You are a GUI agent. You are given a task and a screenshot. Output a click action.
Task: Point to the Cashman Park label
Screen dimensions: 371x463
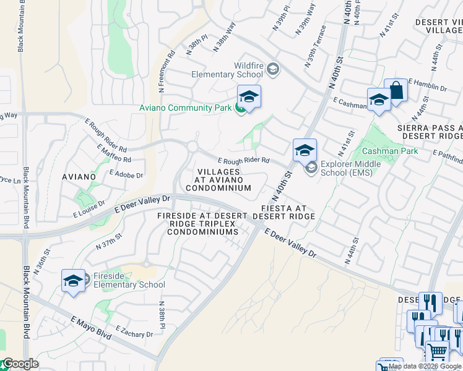click(x=390, y=151)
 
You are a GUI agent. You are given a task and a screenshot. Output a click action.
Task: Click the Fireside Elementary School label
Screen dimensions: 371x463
click(x=129, y=281)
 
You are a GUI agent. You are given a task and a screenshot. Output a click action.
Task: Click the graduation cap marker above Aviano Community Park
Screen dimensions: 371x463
click(x=249, y=97)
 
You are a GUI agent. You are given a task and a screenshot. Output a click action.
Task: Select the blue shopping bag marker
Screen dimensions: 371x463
click(x=396, y=90)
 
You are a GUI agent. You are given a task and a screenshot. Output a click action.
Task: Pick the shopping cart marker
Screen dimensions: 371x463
click(x=437, y=352)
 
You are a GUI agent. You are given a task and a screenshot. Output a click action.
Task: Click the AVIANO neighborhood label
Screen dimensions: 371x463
click(x=79, y=177)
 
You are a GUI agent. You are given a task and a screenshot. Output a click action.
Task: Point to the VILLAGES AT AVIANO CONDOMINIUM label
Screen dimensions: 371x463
click(x=218, y=179)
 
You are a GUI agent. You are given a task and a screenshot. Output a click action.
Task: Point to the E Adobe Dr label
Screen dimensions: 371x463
click(x=126, y=176)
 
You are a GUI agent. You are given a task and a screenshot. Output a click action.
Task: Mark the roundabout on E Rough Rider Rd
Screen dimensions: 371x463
click(x=193, y=147)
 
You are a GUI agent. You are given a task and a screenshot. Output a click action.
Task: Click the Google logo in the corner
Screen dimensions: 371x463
click(x=20, y=364)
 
